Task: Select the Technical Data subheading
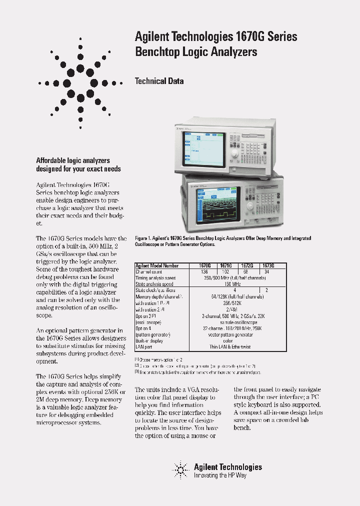159,81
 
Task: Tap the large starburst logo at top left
80,82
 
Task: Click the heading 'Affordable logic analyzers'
73,160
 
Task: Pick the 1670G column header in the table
205,266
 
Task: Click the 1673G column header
268,266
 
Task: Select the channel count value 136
204,272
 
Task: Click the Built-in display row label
149,340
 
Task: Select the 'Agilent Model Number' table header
156,266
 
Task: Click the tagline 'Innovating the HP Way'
220,475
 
